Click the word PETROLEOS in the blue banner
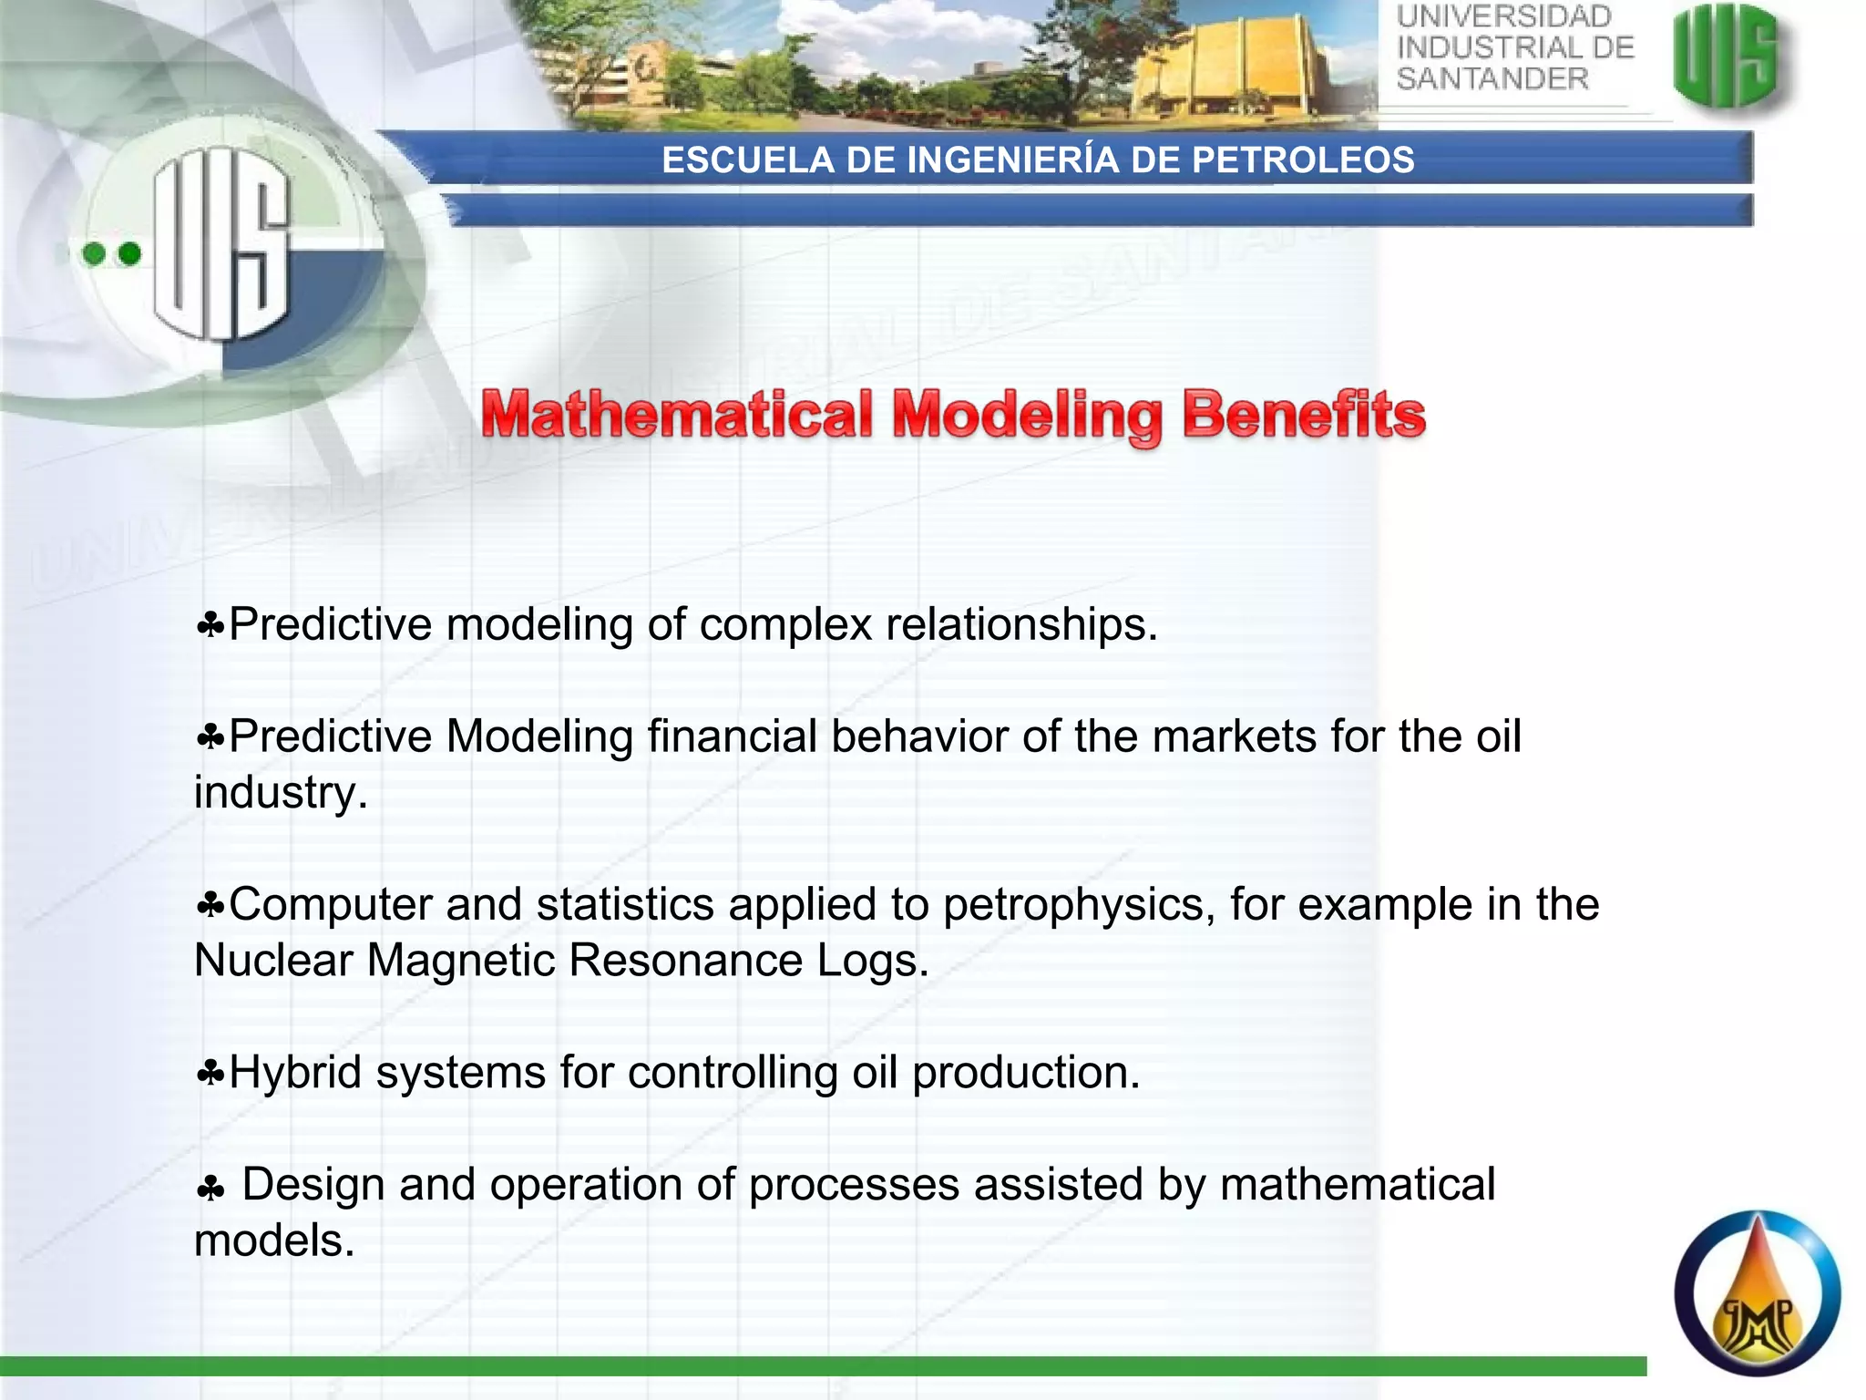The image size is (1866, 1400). (1303, 160)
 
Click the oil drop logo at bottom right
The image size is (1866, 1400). (1757, 1293)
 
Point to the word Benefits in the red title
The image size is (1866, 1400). (1304, 416)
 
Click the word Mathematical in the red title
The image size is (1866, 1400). (678, 416)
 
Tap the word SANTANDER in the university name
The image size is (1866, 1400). (1492, 79)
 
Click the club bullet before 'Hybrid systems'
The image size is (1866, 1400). (210, 1074)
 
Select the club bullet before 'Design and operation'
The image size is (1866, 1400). (210, 1189)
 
